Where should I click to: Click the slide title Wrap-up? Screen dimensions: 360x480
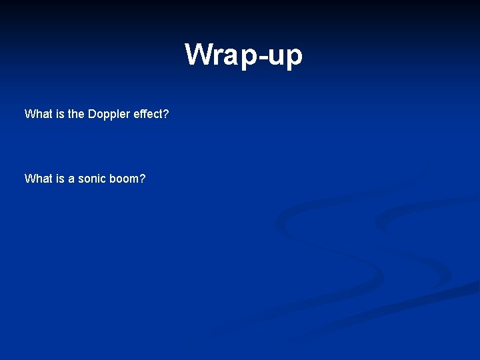[243, 55]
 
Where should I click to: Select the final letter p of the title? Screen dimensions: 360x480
[294, 57]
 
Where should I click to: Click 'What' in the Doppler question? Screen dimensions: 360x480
[37, 114]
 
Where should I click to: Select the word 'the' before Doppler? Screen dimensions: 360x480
[76, 114]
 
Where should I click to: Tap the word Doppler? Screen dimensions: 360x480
[109, 115]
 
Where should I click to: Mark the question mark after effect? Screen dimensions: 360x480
[166, 114]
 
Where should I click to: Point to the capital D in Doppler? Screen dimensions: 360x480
[92, 114]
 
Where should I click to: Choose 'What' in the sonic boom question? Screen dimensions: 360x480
[37, 179]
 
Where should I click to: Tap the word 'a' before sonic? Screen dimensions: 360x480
[71, 179]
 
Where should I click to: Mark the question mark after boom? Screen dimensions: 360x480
[143, 179]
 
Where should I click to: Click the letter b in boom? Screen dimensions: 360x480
[114, 179]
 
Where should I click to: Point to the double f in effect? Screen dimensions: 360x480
[143, 114]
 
